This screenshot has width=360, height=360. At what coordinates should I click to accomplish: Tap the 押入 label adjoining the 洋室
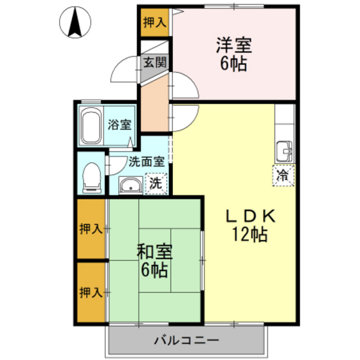[154, 22]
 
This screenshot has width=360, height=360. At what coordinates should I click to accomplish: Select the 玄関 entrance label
[154, 62]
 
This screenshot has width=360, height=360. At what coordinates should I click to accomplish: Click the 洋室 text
[233, 46]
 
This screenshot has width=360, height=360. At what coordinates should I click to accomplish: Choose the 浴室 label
[120, 125]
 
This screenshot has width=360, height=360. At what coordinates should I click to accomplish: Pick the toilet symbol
[92, 176]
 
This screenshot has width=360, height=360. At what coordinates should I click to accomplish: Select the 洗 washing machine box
[156, 183]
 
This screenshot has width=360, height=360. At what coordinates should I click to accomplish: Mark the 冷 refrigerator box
[282, 174]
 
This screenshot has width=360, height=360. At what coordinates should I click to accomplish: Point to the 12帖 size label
[250, 235]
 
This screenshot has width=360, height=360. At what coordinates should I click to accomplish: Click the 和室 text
[154, 250]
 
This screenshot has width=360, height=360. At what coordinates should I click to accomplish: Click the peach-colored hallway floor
[154, 103]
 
